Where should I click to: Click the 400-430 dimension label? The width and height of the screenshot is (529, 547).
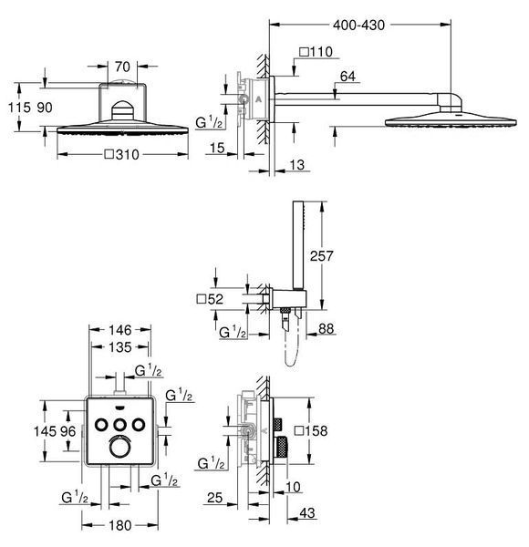358,26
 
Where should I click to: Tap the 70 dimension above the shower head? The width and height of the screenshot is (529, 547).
122,67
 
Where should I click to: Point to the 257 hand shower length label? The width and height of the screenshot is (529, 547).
321,256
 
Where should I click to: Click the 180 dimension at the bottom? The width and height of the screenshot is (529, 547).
120,525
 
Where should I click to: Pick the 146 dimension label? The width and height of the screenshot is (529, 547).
120,330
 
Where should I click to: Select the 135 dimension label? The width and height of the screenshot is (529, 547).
120,347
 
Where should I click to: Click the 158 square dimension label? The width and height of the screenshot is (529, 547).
311,431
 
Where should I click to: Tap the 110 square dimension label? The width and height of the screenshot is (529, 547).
316,52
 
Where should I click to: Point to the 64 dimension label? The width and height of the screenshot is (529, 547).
347,77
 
